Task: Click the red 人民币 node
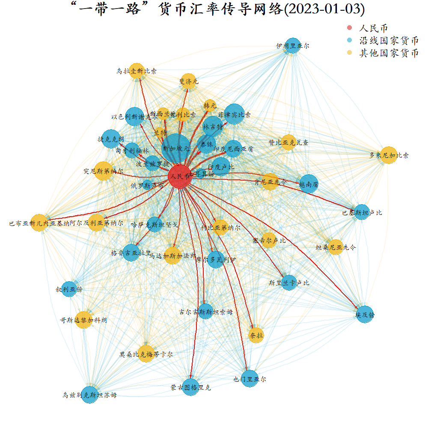coord(179,176)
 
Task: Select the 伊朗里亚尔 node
coord(293,45)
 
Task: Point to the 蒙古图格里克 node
coord(190,387)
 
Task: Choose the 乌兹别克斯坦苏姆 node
coord(89,395)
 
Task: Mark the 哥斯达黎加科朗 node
coord(83,320)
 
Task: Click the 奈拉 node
coord(256,335)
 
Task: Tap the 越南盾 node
coord(309,184)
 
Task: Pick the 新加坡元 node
coord(176,148)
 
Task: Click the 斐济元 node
coord(189,81)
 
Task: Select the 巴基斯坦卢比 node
coord(362,212)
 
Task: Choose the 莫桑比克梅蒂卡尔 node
coord(146,354)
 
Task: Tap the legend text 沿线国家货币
coord(389,41)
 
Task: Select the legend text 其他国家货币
coord(389,53)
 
